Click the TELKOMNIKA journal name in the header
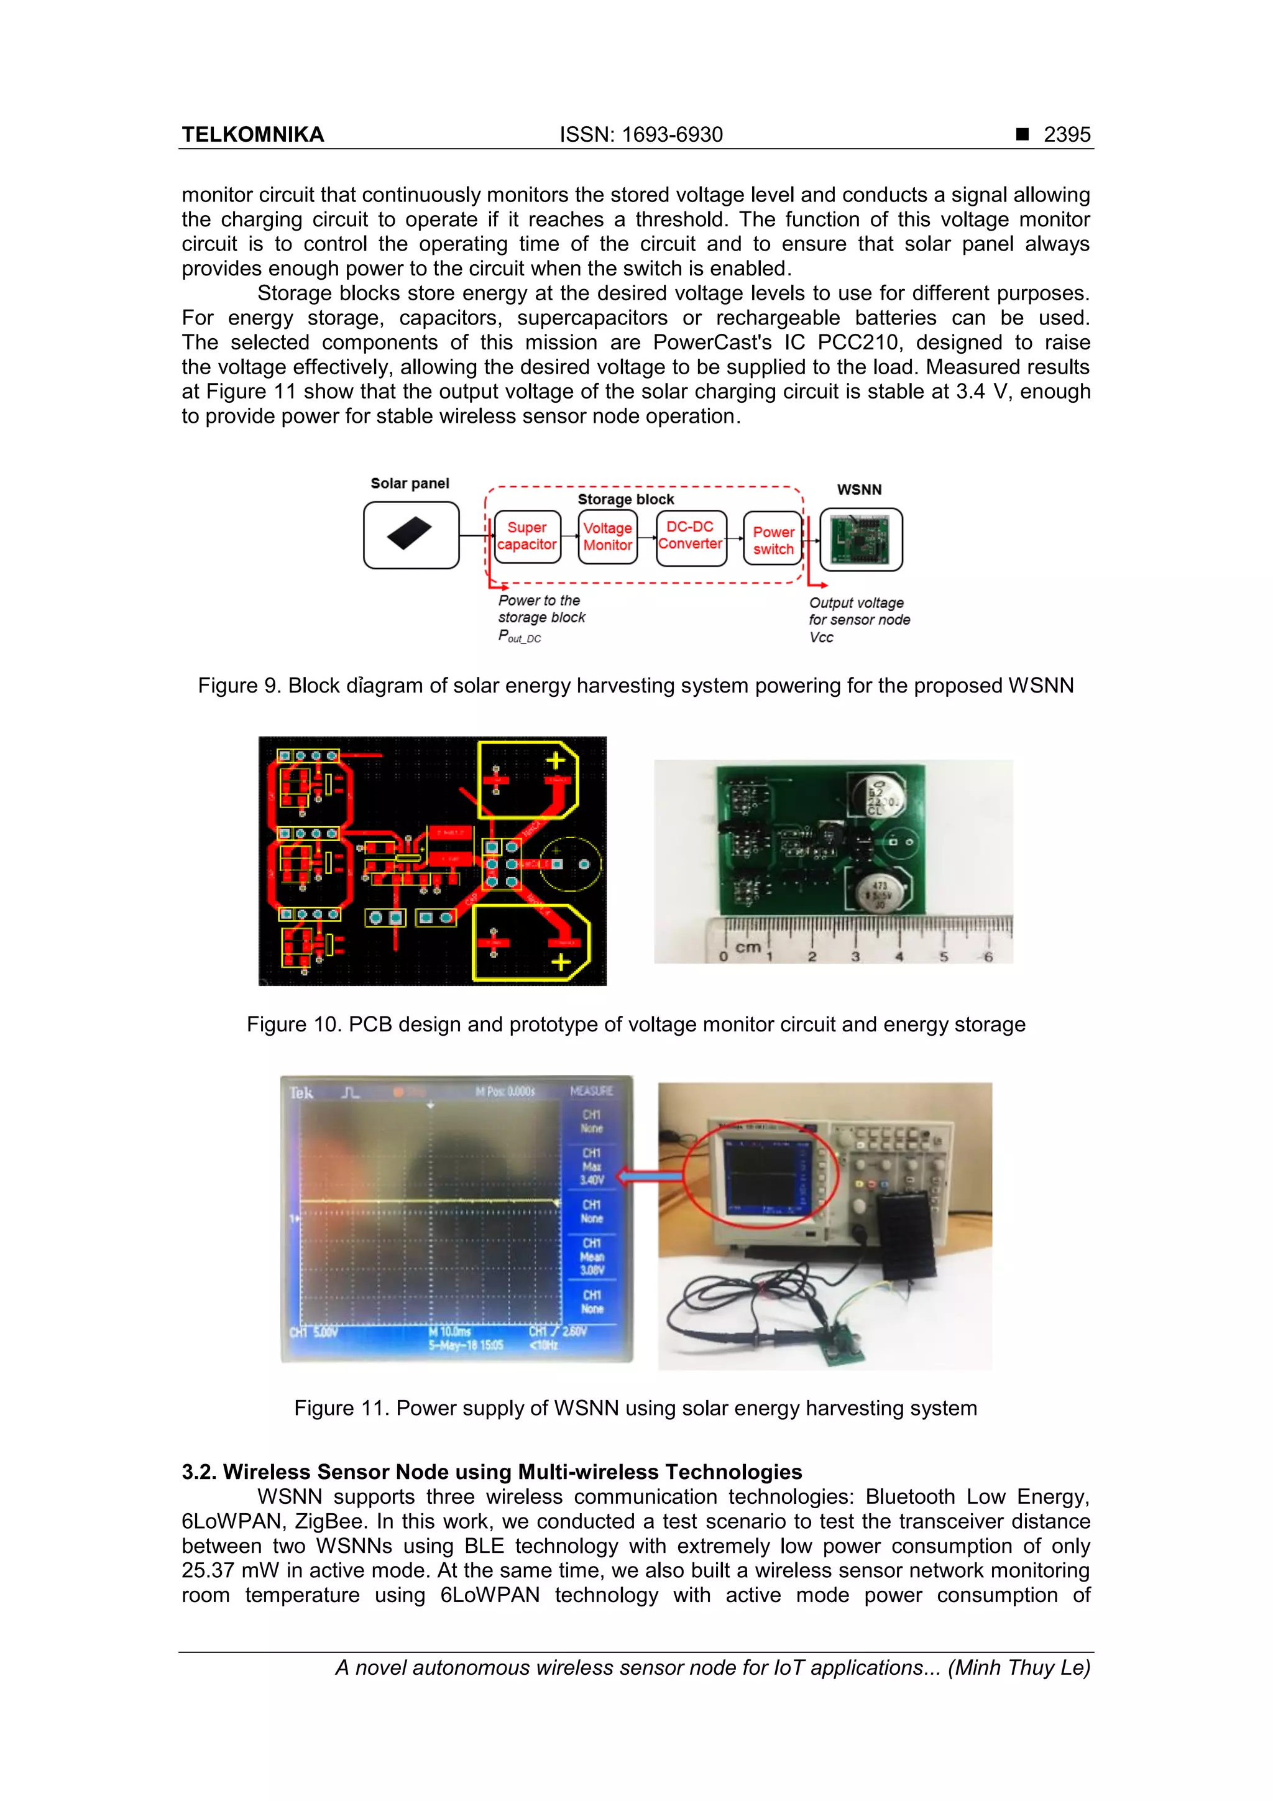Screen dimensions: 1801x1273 click(252, 135)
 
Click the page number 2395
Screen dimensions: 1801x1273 click(1066, 135)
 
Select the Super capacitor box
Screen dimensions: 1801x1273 click(526, 537)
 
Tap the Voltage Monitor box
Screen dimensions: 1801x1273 click(607, 537)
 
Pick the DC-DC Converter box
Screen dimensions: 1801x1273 click(690, 536)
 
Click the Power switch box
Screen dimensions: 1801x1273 click(773, 540)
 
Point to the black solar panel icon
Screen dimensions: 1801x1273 click(410, 533)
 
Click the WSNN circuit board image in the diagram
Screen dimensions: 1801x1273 click(860, 540)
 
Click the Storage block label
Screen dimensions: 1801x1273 click(625, 500)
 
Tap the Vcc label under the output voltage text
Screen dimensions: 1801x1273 click(821, 638)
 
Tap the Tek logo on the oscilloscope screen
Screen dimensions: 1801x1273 click(301, 1093)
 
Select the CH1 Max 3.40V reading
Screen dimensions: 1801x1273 click(591, 1166)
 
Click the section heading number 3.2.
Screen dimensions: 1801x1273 click(198, 1472)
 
